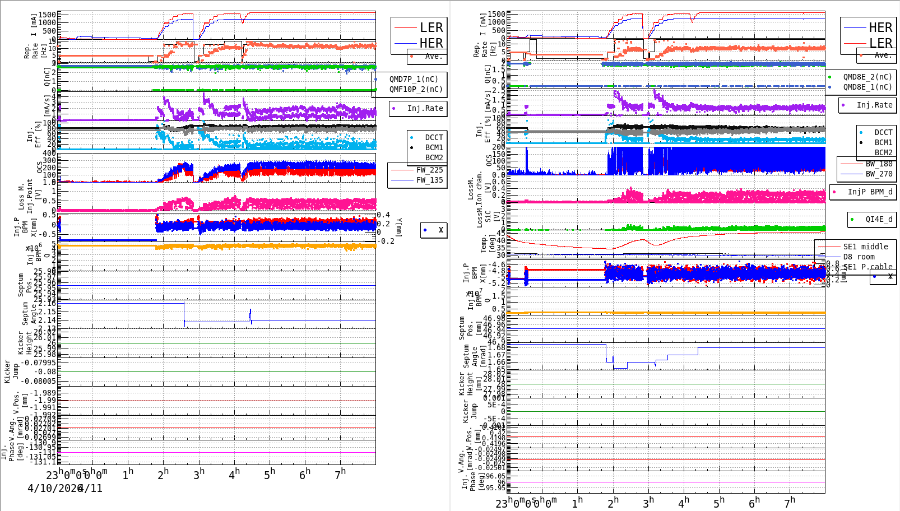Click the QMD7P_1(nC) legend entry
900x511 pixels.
(414, 80)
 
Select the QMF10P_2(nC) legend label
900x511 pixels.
(416, 89)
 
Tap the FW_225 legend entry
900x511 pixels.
(429, 170)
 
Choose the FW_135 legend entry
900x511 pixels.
(429, 180)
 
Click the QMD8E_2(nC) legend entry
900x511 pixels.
(867, 77)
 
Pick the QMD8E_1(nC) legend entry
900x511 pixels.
(867, 87)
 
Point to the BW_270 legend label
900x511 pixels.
(879, 174)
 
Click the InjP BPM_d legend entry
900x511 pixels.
(870, 192)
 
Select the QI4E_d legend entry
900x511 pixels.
(879, 220)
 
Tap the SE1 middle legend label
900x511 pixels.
(865, 247)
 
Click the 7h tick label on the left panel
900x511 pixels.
(341, 475)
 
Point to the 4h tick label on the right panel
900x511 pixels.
(684, 503)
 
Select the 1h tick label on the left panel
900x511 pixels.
(128, 475)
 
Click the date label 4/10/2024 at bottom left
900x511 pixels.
(55, 489)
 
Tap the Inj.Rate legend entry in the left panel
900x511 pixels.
(425, 109)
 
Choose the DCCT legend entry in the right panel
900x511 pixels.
(883, 133)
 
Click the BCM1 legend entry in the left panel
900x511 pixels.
(434, 148)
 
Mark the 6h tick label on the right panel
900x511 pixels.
(754, 503)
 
